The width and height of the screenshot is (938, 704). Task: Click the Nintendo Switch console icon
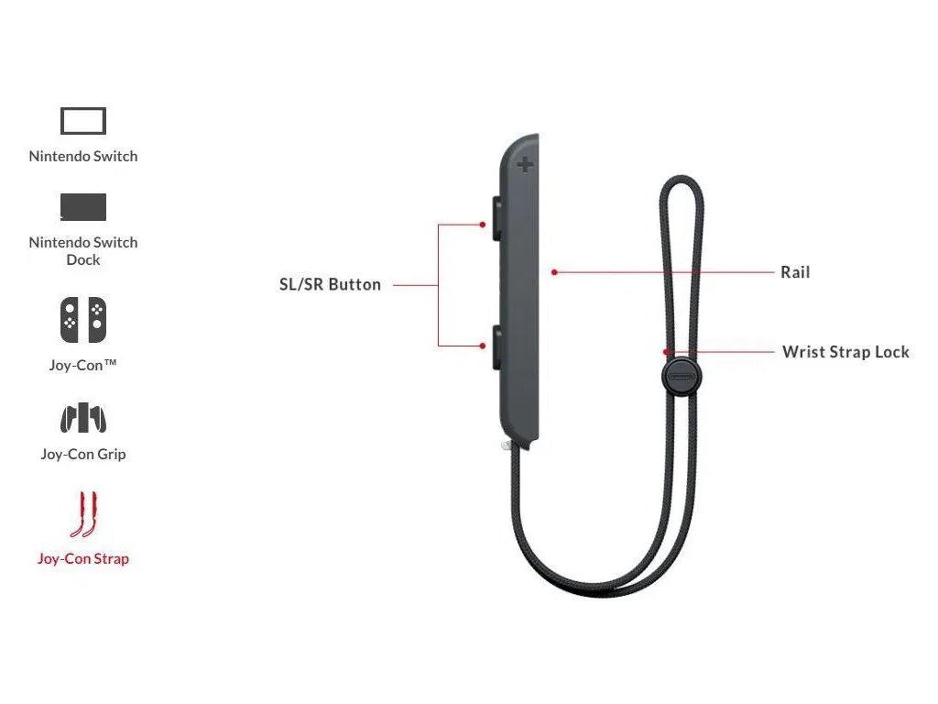click(x=83, y=121)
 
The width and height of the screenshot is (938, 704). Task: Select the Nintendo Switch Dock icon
click(x=83, y=207)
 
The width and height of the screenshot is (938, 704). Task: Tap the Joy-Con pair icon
click(x=83, y=320)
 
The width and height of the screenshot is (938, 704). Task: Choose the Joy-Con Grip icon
click(x=83, y=418)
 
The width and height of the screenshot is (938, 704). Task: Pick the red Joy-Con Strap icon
click(x=83, y=514)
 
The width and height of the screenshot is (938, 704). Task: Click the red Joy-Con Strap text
click(x=83, y=558)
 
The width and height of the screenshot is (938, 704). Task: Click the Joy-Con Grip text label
click(x=83, y=454)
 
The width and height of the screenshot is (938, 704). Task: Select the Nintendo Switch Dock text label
click(x=83, y=250)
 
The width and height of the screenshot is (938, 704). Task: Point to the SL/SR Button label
click(x=330, y=284)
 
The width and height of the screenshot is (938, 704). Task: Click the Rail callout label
click(x=795, y=272)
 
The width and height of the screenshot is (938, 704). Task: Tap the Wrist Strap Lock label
click(x=845, y=352)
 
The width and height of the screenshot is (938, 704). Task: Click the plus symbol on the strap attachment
click(x=525, y=165)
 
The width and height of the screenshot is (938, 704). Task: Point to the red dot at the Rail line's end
click(x=555, y=272)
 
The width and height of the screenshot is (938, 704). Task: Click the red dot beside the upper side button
click(x=483, y=224)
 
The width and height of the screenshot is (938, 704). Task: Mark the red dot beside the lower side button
click(x=483, y=346)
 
